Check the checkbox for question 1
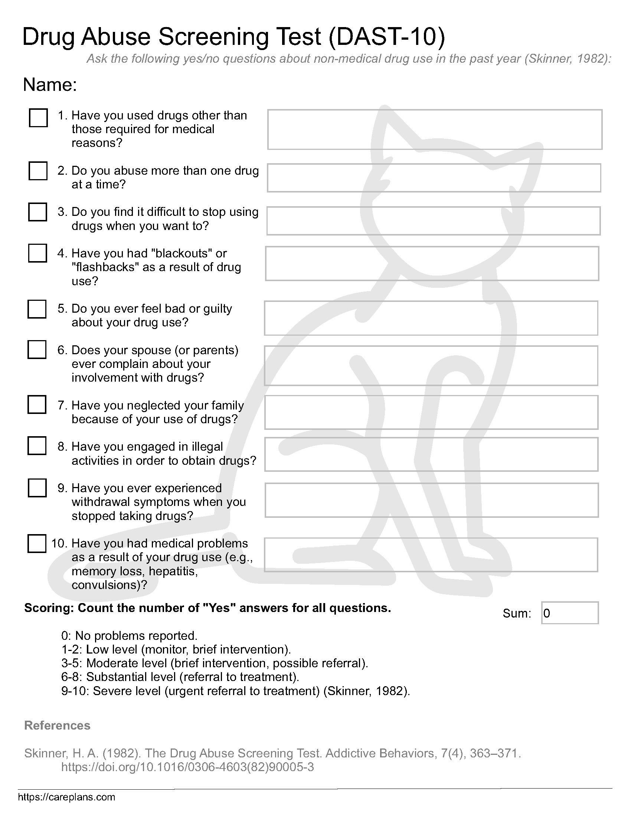tap(38, 118)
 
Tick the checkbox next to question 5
tap(37, 309)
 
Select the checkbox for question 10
tap(37, 543)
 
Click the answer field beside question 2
tap(434, 178)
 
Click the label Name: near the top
tap(50, 85)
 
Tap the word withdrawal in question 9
tap(101, 502)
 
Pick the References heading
tap(57, 725)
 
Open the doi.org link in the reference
tap(187, 767)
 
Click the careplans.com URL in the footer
tap(66, 797)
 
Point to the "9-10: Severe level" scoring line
tap(235, 691)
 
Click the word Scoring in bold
tap(49, 608)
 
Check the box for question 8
tap(37, 446)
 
